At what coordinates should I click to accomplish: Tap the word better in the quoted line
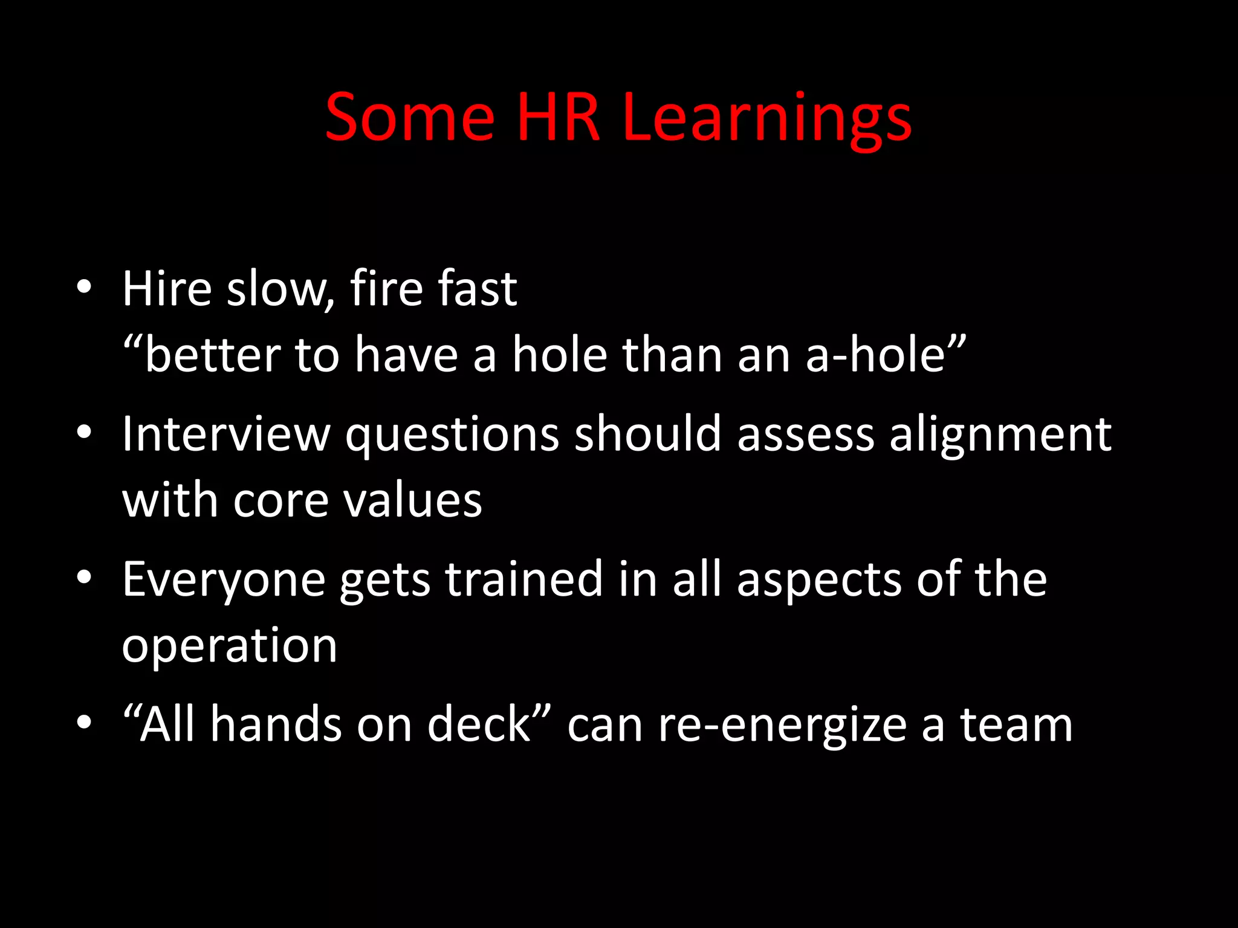(212, 355)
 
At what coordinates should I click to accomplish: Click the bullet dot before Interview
(84, 431)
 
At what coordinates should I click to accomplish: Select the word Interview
(226, 434)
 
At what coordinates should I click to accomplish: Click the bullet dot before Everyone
(84, 577)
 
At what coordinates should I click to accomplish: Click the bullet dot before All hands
(84, 722)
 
